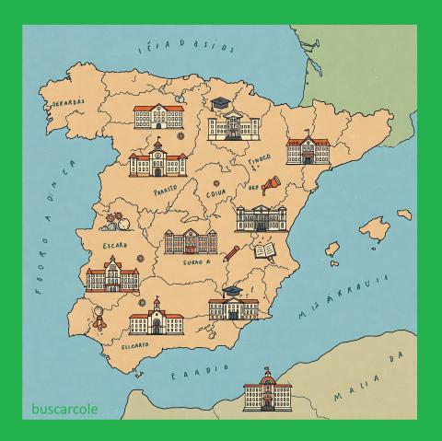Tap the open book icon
266,251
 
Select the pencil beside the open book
232,250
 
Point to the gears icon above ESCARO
118,222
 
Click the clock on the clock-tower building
157,156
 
